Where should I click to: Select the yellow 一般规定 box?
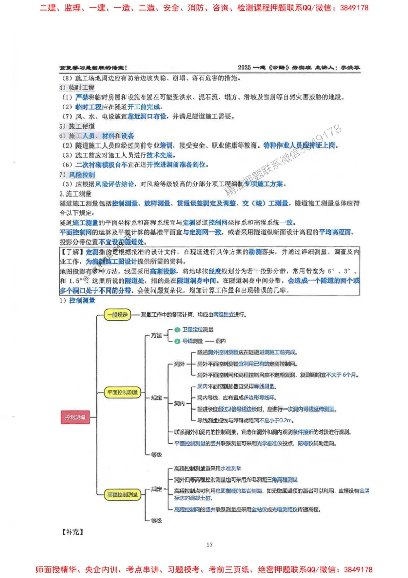(x=118, y=315)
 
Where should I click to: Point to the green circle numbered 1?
(x=177, y=330)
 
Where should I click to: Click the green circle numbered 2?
(x=177, y=341)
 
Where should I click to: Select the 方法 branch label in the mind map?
(x=156, y=335)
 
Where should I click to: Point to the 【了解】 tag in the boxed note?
(x=72, y=252)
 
